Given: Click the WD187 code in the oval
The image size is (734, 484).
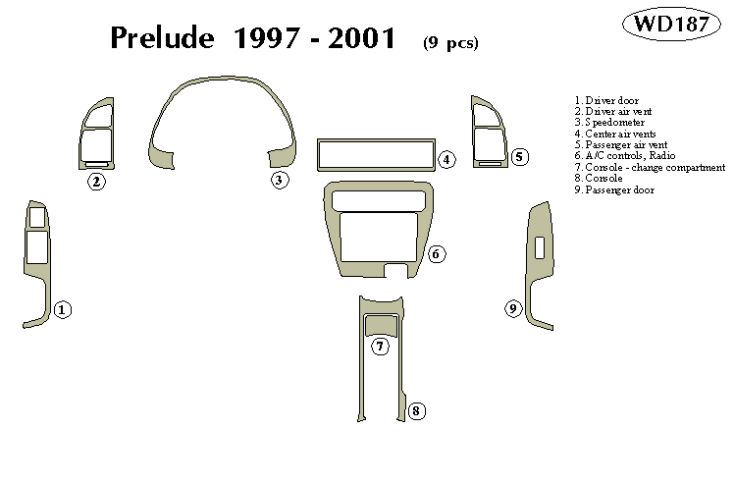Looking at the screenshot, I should point(678,25).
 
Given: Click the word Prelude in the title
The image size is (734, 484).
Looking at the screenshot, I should point(162,38).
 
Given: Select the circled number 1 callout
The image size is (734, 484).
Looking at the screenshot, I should point(62,310).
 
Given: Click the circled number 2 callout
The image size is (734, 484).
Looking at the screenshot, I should point(96,181).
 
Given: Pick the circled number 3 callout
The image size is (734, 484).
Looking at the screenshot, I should point(280,180).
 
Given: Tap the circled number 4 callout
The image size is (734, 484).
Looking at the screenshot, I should point(446,159).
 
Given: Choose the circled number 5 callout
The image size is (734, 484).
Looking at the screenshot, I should point(520,157).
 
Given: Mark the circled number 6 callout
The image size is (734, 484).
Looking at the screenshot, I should point(437,254).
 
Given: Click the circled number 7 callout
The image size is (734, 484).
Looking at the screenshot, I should point(380,346).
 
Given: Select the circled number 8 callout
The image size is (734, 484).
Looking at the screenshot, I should point(416,410).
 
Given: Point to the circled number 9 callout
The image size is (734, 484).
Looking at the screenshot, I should point(512,309).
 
